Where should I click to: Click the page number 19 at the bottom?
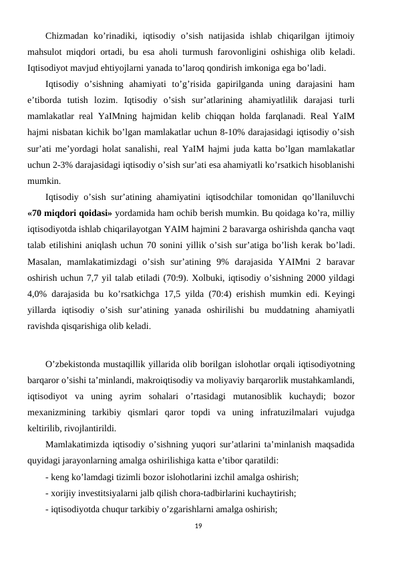[x=198, y=527]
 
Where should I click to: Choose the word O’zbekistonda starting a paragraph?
[x=77, y=364]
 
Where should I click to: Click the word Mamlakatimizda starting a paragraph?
[x=81, y=445]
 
